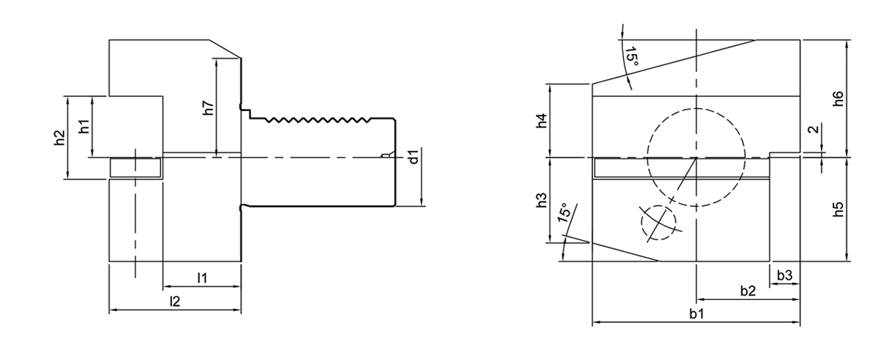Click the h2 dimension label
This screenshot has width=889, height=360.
pyautogui.click(x=60, y=137)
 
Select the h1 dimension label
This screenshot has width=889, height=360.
pyautogui.click(x=84, y=125)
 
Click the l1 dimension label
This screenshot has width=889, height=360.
pyautogui.click(x=202, y=278)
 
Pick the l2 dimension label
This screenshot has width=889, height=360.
pyautogui.click(x=175, y=301)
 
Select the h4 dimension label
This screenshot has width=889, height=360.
pyautogui.click(x=542, y=120)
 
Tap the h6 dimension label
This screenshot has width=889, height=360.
pyautogui.click(x=838, y=98)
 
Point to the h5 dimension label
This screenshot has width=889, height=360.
pyautogui.click(x=838, y=210)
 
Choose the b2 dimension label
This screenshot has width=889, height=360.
pyautogui.click(x=748, y=290)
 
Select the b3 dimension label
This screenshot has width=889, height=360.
pyautogui.click(x=785, y=276)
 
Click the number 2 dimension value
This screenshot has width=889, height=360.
pyautogui.click(x=813, y=130)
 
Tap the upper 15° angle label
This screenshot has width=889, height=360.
pyautogui.click(x=630, y=57)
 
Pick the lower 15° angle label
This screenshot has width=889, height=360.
pyautogui.click(x=565, y=214)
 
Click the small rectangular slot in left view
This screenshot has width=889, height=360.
pyautogui.click(x=136, y=168)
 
